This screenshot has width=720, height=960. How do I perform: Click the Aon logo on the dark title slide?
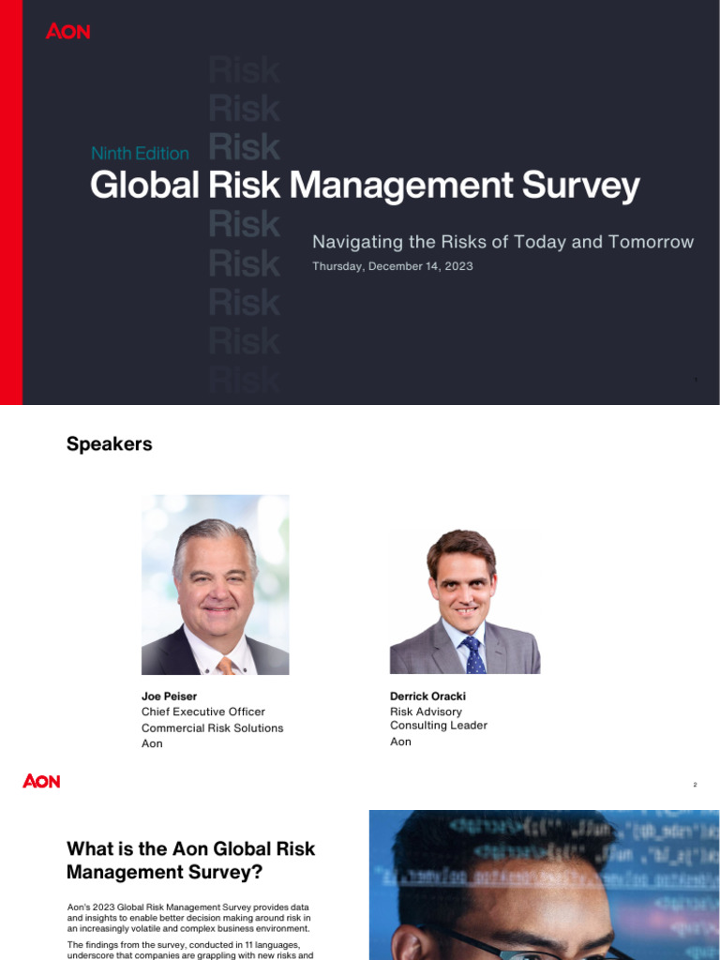coord(67,31)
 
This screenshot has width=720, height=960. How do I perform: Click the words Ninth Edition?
coord(140,153)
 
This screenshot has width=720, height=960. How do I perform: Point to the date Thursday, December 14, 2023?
coord(392,266)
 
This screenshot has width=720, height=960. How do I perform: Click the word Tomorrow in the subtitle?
coord(651,242)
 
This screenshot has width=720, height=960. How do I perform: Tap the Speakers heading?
coord(109,444)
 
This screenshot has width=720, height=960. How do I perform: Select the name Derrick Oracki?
coord(427,697)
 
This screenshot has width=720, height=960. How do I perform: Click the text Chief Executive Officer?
coord(203,712)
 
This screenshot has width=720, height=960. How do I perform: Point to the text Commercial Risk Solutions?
coord(212,728)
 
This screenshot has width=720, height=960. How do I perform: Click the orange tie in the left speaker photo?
coord(226,665)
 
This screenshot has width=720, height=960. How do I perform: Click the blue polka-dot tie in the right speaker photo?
coord(474,656)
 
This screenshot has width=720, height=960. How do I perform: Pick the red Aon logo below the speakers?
coord(41,780)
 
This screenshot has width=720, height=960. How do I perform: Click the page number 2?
coord(695,785)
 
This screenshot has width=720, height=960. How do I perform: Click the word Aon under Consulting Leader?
coord(400,742)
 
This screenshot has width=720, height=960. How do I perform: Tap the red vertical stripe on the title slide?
coord(10,202)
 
